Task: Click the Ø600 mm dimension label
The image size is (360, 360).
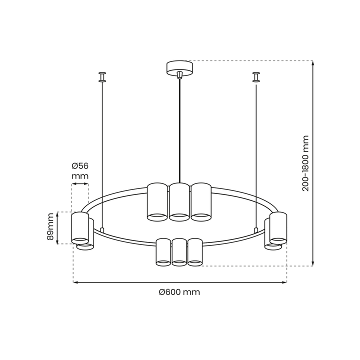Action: click(x=179, y=292)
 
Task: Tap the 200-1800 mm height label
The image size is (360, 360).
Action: click(x=306, y=163)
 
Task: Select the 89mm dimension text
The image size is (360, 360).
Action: click(x=50, y=228)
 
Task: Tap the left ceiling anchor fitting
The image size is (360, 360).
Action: click(x=102, y=76)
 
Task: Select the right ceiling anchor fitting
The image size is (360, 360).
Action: click(x=256, y=76)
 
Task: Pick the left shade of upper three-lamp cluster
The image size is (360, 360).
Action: click(x=157, y=201)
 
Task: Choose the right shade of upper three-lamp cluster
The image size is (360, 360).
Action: click(x=201, y=201)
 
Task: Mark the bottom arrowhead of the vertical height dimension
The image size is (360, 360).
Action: click(x=313, y=263)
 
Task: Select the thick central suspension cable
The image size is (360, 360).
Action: click(x=179, y=130)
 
